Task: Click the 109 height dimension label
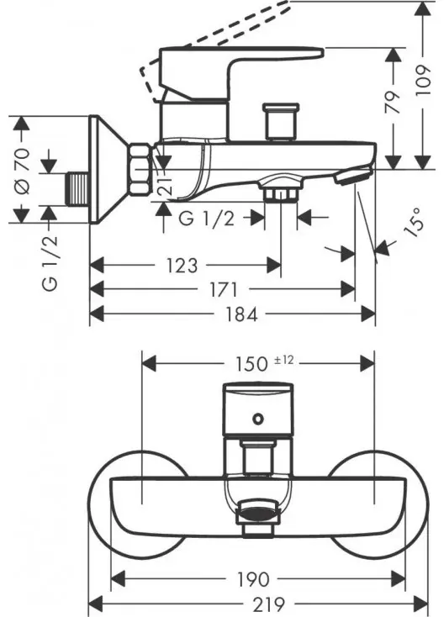[x=422, y=81]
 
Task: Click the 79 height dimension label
[x=393, y=103]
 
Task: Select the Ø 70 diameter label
[x=22, y=171]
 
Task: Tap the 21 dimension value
[x=166, y=185]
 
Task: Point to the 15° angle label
[x=413, y=223]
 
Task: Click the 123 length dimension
[x=182, y=266]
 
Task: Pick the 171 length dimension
[x=223, y=290]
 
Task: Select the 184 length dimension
[x=241, y=314]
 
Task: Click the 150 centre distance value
[x=251, y=364]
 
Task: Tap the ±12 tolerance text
[x=284, y=360]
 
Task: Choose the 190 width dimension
[x=253, y=579]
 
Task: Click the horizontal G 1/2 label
[x=206, y=218]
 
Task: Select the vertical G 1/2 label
[x=50, y=263]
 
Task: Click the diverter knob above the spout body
[x=280, y=122]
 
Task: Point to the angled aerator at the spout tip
[x=353, y=175]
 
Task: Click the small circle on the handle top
[x=258, y=419]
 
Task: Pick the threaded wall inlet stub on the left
[x=78, y=189]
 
